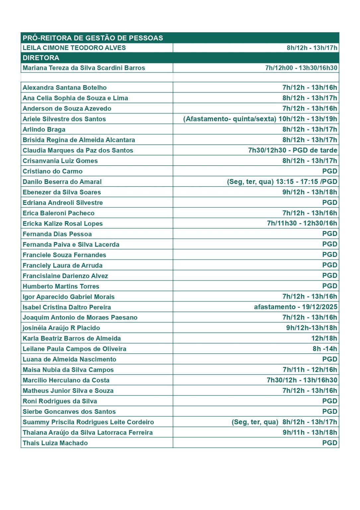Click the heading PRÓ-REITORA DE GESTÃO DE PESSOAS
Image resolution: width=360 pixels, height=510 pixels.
point(93,38)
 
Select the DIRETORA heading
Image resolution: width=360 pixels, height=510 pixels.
point(41,58)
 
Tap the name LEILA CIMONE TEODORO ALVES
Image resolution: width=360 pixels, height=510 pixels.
point(74,48)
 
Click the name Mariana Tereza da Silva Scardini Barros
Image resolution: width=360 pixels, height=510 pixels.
point(84,68)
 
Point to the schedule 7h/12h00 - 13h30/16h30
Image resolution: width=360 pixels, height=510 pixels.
point(301,68)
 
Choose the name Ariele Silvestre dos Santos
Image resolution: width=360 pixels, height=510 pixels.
point(64,119)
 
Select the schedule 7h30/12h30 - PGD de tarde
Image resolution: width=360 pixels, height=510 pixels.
point(292,150)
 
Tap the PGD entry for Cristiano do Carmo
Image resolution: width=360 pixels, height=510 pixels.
point(329,171)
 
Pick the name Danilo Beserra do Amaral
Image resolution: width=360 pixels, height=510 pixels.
point(62,182)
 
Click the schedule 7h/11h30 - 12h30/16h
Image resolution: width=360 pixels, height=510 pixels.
point(302,223)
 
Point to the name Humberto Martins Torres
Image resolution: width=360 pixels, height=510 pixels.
point(61,286)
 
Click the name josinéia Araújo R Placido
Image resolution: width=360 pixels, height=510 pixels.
point(61,328)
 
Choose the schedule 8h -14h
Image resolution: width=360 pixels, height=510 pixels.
point(324,349)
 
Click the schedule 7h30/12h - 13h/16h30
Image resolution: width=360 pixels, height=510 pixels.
point(302,380)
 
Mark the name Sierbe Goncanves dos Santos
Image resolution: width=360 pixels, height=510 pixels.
point(69,411)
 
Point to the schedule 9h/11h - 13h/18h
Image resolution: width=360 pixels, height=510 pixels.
point(310,432)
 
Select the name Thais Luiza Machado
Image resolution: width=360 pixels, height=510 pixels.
point(55,443)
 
